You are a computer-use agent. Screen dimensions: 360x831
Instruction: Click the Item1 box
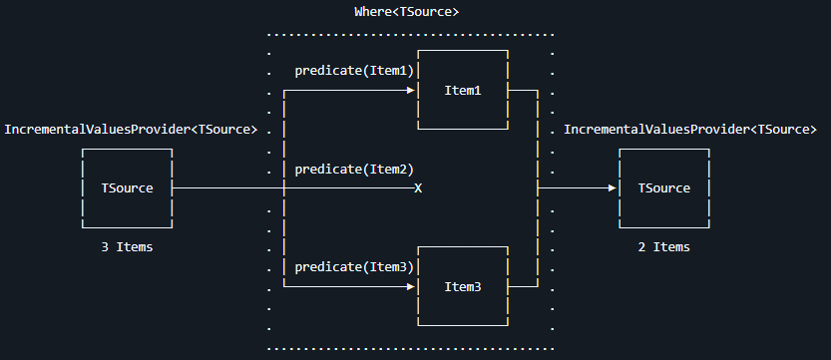pos(463,90)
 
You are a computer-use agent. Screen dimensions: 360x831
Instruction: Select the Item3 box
pos(463,286)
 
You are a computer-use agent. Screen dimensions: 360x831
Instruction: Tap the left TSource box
pos(128,187)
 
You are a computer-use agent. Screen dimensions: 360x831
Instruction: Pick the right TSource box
pos(663,187)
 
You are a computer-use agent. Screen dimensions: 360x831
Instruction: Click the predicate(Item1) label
pos(354,71)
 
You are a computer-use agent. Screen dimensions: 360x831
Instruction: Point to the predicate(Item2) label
pos(354,169)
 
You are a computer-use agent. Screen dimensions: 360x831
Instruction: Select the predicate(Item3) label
pos(354,266)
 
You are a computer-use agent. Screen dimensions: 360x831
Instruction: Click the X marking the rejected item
pos(418,188)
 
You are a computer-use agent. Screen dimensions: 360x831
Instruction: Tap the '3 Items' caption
pos(128,246)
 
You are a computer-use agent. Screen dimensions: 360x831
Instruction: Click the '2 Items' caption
pos(663,246)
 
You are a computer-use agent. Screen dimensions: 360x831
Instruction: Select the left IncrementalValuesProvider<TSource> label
pos(132,130)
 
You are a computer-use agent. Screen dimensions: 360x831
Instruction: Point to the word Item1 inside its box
pos(463,91)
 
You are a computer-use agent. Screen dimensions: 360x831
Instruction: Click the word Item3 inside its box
pos(463,286)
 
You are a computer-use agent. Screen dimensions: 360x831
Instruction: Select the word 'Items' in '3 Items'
pos(136,246)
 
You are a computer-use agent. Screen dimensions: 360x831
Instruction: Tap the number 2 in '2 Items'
pos(641,246)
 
